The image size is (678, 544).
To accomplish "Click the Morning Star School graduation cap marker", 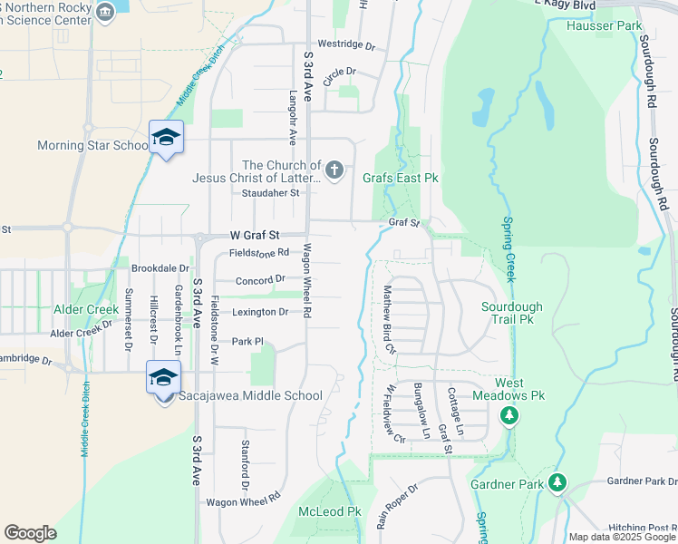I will pyautogui.click(x=166, y=138).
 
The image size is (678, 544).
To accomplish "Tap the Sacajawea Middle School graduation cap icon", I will pyautogui.click(x=164, y=377).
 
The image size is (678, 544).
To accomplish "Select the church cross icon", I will pyautogui.click(x=334, y=170).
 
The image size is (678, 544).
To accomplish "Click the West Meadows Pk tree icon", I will pyautogui.click(x=509, y=415).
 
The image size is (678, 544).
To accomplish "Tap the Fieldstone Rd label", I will pyautogui.click(x=258, y=252).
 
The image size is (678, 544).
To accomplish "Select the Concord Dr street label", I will pyautogui.click(x=260, y=280).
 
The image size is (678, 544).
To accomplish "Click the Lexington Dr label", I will pyautogui.click(x=260, y=312).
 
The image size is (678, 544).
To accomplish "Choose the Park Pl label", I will pyautogui.click(x=247, y=342).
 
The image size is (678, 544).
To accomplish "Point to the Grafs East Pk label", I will pyautogui.click(x=401, y=179).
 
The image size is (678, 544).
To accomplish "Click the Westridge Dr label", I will pyautogui.click(x=346, y=44).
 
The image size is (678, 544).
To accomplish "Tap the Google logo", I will pyautogui.click(x=30, y=532).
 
